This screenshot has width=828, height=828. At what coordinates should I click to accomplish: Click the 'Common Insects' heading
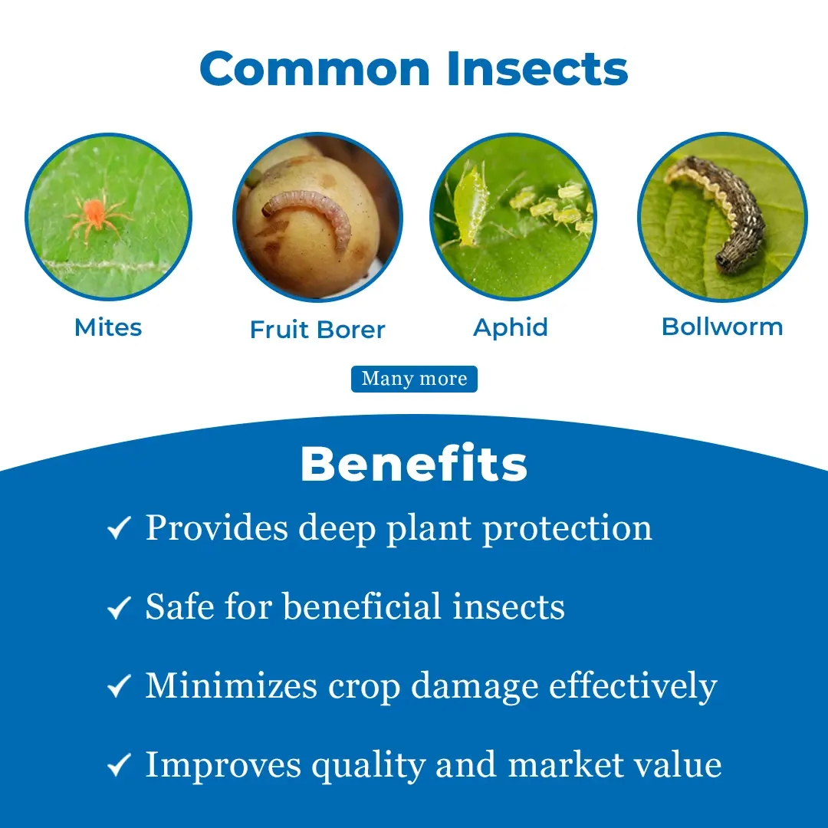[x=414, y=69]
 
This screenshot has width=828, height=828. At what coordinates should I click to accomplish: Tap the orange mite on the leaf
[x=96, y=215]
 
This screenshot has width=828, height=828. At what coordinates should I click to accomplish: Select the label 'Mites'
[x=108, y=327]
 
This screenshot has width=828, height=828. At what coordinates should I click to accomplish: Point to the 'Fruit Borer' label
[x=317, y=330]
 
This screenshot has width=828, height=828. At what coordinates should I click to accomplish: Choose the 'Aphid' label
[x=511, y=328]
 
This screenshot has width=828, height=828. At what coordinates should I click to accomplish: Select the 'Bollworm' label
[x=722, y=327]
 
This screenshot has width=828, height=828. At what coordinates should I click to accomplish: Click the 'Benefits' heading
[x=414, y=464]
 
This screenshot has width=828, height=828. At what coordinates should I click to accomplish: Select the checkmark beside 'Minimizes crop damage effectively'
[x=119, y=686]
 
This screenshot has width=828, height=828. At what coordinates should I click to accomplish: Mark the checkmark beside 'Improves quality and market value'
[x=119, y=764]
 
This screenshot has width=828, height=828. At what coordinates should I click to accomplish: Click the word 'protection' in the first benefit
[x=567, y=528]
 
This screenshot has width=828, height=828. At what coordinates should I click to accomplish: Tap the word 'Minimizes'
[x=232, y=685]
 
